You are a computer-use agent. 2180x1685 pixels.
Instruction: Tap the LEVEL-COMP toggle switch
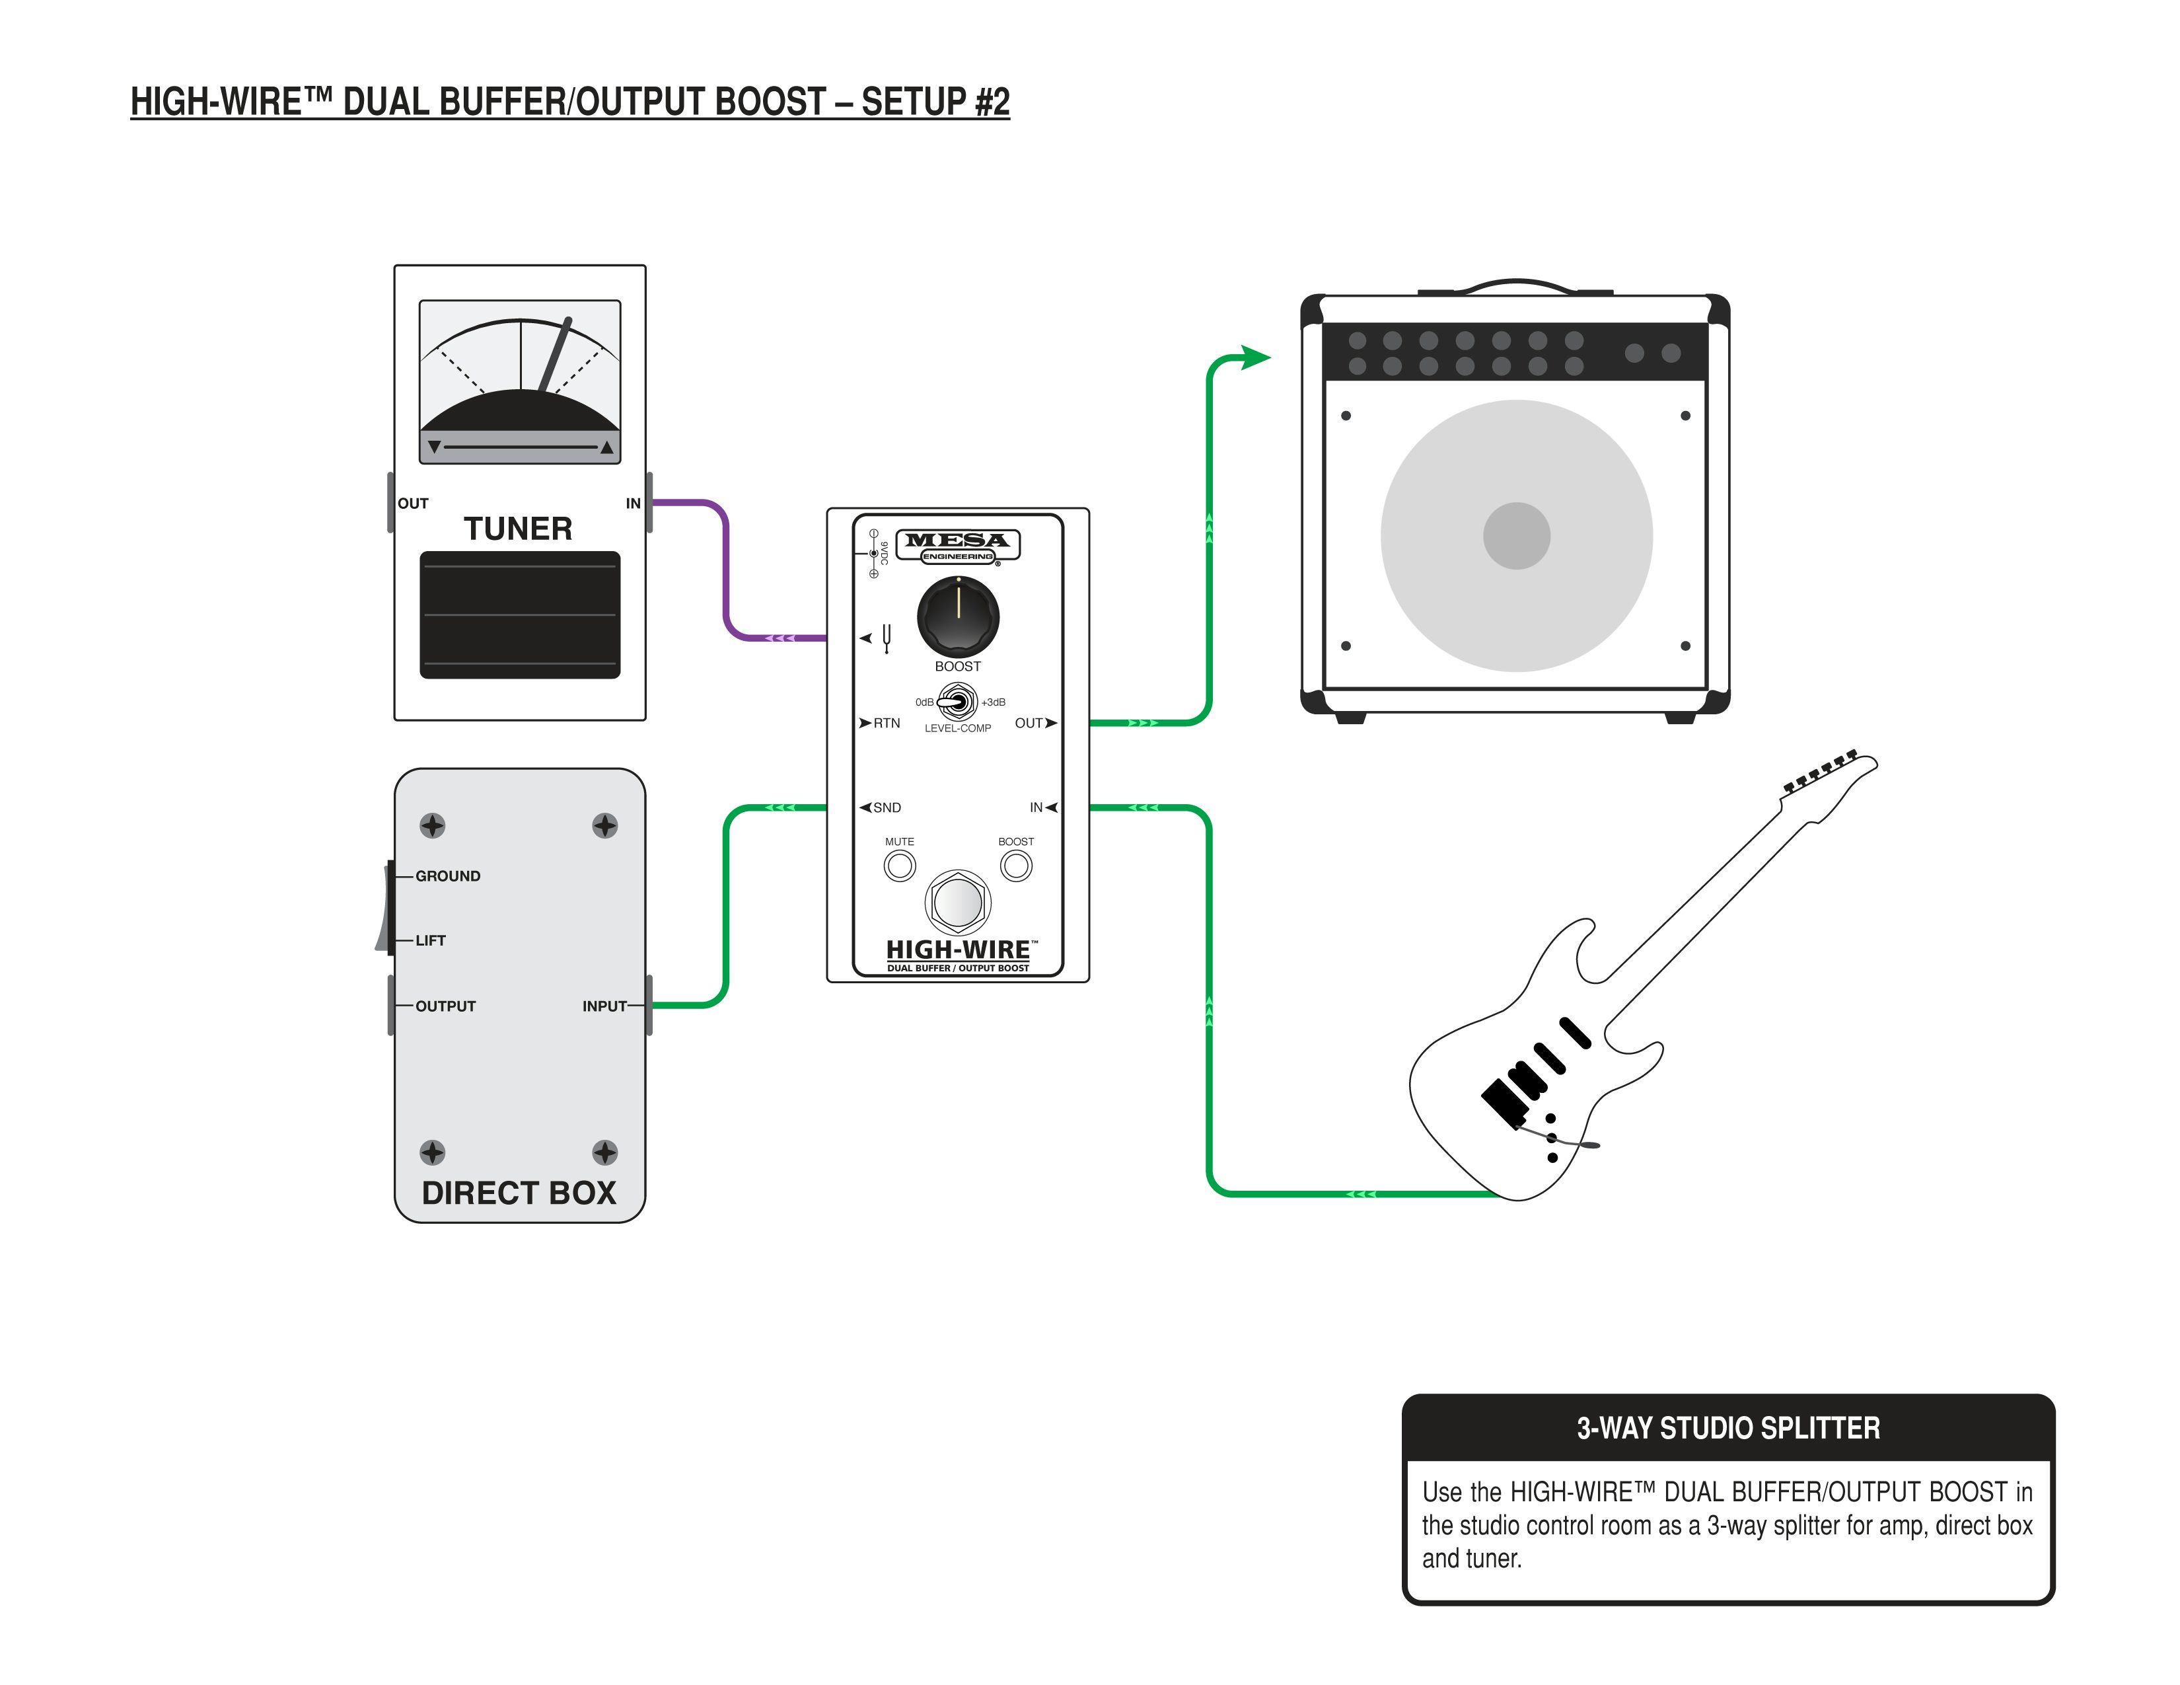[x=957, y=703]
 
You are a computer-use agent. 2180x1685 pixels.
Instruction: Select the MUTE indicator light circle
[x=899, y=866]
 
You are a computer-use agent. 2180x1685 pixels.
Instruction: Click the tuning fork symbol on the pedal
[x=887, y=638]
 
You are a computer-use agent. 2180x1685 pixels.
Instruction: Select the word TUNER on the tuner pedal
[x=518, y=528]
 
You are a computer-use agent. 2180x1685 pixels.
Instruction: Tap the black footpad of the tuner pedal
[x=520, y=615]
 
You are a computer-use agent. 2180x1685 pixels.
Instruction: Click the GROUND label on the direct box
[x=447, y=876]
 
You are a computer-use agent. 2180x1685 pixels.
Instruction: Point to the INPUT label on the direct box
[x=604, y=1006]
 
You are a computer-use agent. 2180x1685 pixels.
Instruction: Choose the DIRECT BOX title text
[x=519, y=1193]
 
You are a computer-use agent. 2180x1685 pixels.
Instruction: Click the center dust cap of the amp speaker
[x=1516, y=536]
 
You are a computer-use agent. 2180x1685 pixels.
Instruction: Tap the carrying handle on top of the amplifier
[x=1516, y=285]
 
